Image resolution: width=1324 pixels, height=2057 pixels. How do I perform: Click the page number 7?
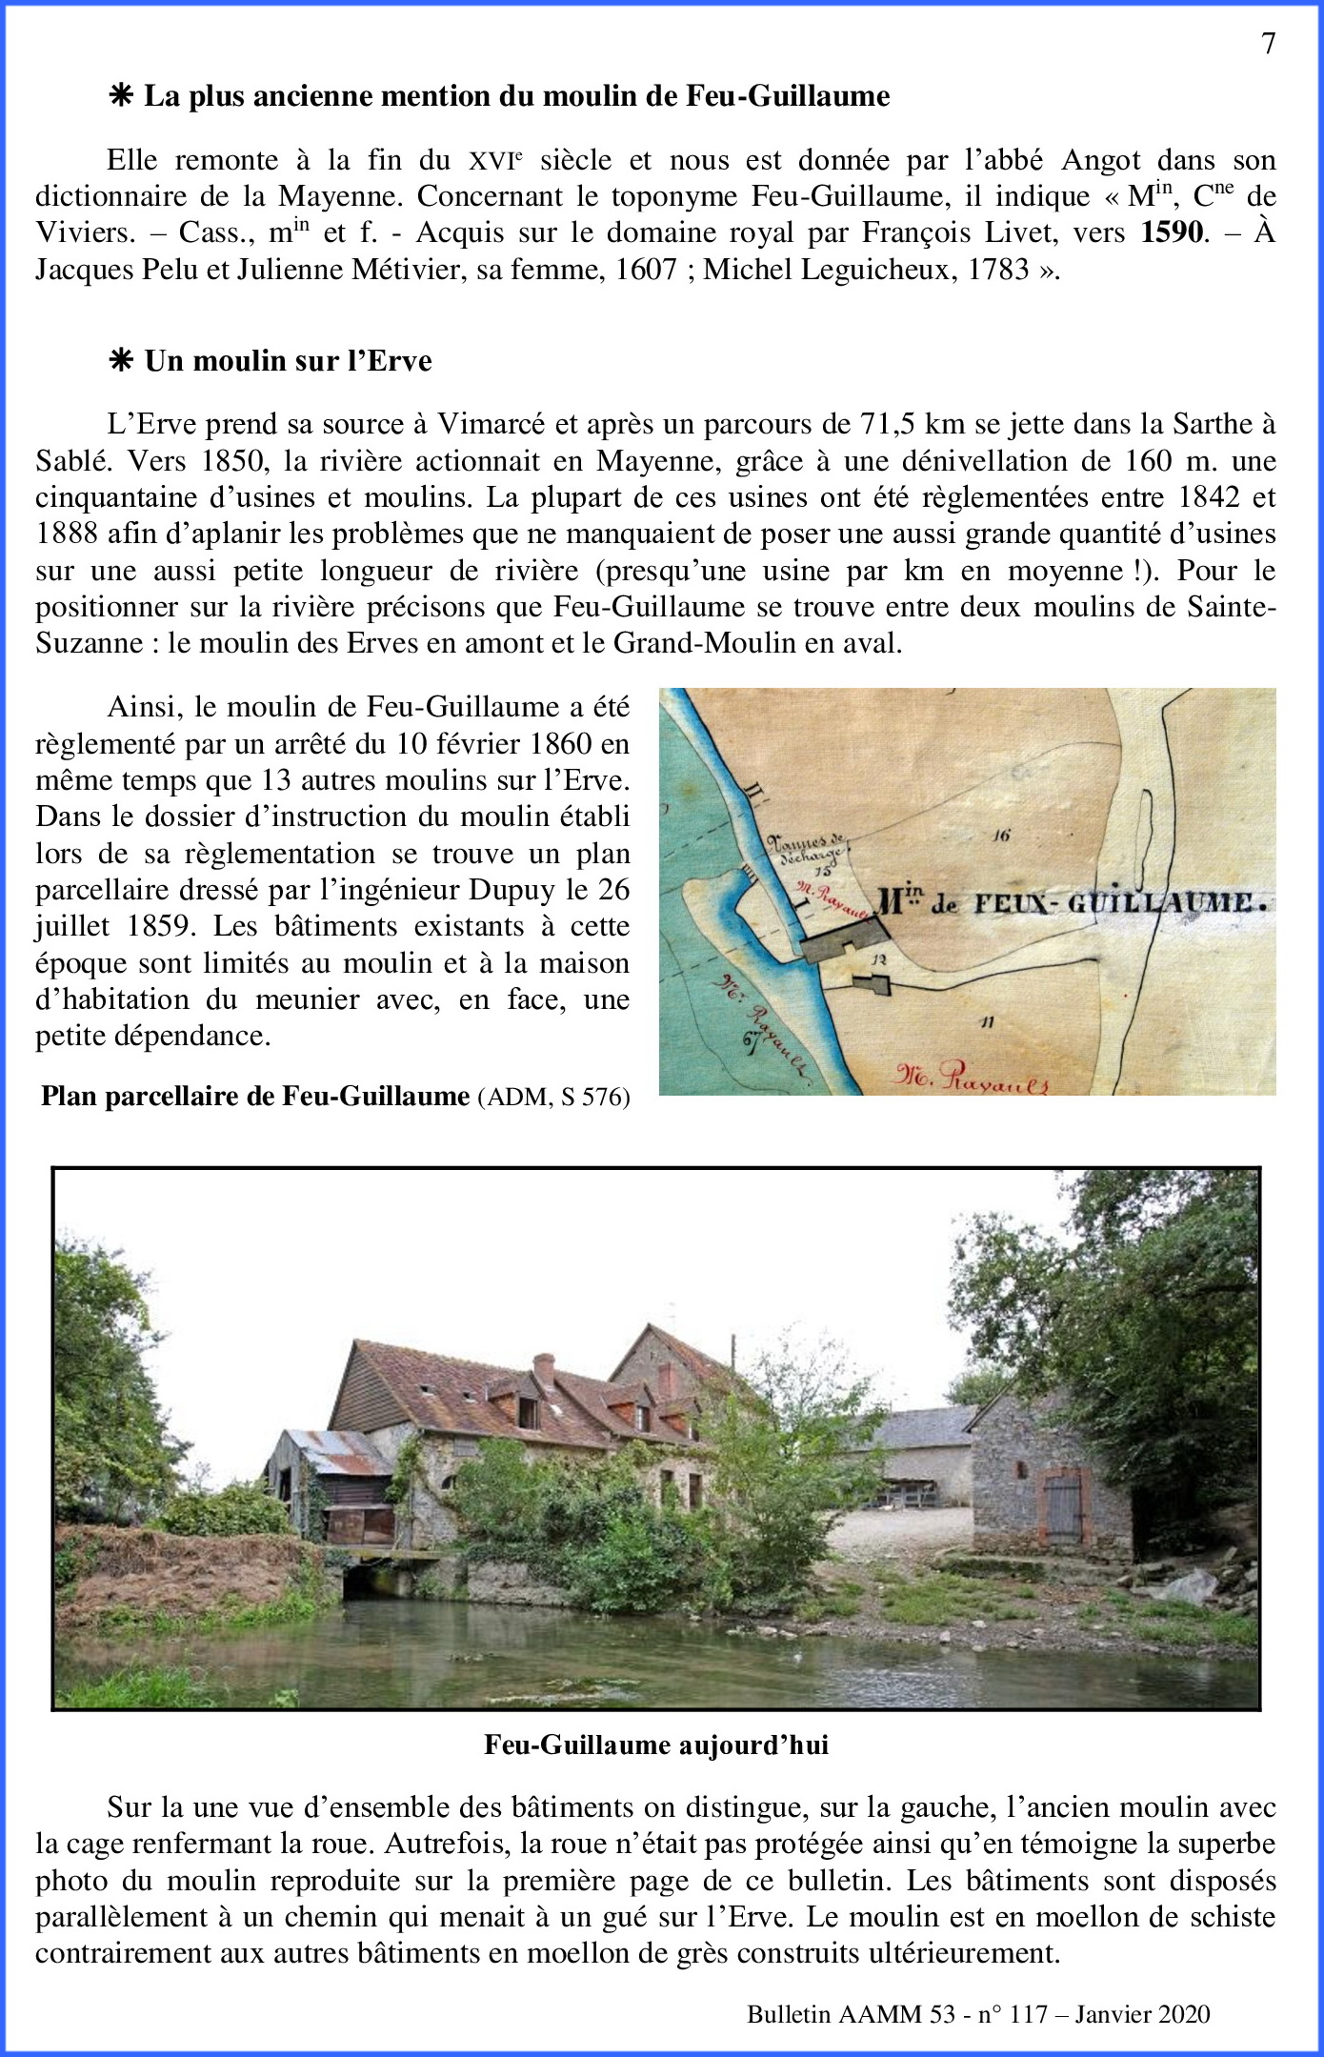(1268, 44)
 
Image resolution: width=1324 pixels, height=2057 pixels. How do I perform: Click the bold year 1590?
(1172, 232)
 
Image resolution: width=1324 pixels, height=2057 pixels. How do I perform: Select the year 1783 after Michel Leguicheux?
(998, 270)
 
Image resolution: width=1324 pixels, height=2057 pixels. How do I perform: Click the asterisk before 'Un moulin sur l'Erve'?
(121, 361)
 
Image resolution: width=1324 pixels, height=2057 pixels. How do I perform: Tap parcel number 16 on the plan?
(999, 836)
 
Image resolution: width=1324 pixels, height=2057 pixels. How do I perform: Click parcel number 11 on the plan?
(987, 1022)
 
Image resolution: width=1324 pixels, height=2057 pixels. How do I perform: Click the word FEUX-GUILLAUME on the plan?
(1121, 902)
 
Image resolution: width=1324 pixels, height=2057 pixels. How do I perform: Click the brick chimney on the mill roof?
(543, 1370)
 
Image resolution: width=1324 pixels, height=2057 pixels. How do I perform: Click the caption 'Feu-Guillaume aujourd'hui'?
(656, 1744)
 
